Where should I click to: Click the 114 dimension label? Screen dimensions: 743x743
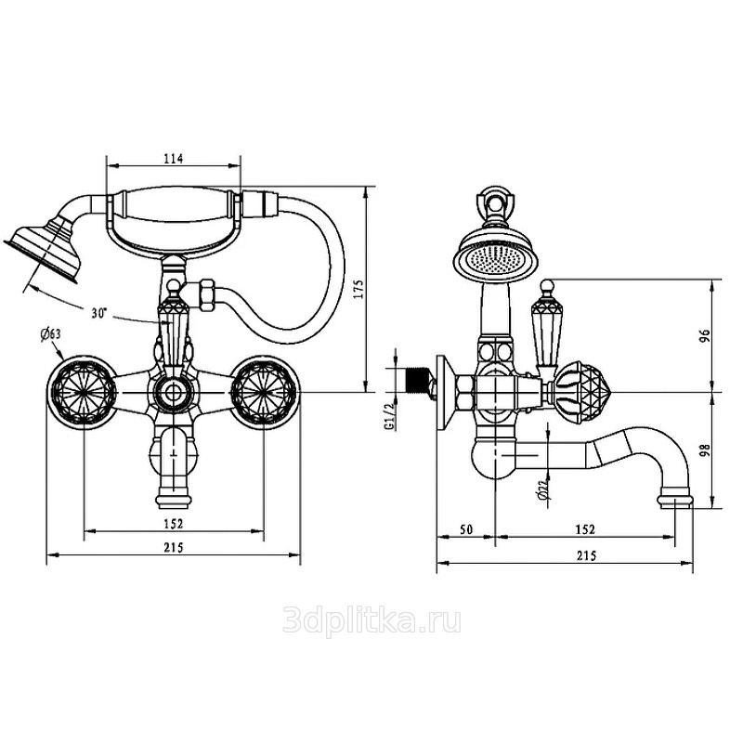174,158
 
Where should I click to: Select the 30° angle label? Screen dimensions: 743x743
99,313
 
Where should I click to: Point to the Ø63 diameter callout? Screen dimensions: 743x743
51,334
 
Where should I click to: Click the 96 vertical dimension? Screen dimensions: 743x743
706,336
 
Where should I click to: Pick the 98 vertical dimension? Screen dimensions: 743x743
705,450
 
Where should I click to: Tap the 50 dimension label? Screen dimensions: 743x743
466,528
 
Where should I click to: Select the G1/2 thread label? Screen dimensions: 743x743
390,415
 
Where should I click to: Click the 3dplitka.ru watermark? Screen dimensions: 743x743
371,621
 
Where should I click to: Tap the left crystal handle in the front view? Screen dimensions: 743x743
84,391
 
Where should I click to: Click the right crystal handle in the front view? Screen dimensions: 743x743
264,391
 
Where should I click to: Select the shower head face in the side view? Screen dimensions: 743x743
495,258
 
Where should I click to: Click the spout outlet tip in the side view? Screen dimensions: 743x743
675,502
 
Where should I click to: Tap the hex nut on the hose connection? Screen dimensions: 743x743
207,294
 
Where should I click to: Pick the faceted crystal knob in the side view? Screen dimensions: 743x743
584,392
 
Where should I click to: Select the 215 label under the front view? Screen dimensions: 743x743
174,547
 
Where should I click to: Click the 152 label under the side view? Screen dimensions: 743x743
585,528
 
